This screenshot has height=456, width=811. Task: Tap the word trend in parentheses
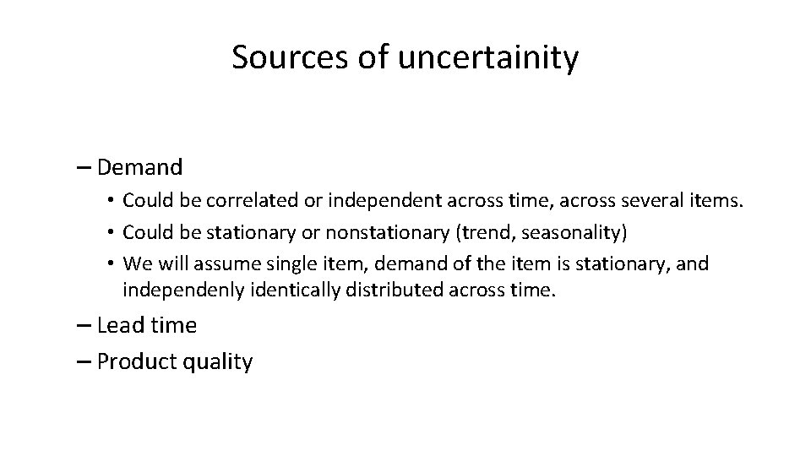click(493, 231)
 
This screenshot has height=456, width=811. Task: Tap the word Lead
click(119, 325)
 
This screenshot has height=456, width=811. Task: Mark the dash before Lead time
click(84, 325)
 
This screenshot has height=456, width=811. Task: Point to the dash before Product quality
click(84, 362)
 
